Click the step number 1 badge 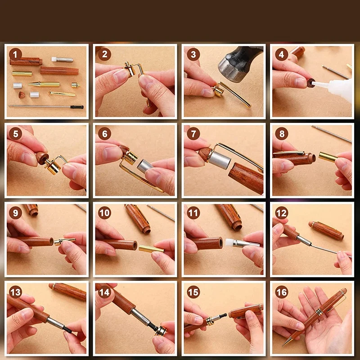pyautogui.click(x=15, y=54)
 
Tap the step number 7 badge pyautogui.click(x=193, y=134)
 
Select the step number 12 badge pyautogui.click(x=282, y=213)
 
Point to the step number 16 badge pyautogui.click(x=282, y=292)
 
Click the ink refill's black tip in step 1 pyautogui.click(x=77, y=107)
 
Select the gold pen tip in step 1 pyautogui.click(x=44, y=84)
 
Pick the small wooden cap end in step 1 pyautogui.click(x=22, y=95)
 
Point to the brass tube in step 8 pyautogui.click(x=328, y=157)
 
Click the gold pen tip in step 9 pyautogui.click(x=65, y=241)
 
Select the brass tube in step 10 pyautogui.click(x=152, y=249)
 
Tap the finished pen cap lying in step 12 pyautogui.click(x=326, y=230)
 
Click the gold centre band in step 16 pyautogui.click(x=319, y=312)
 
